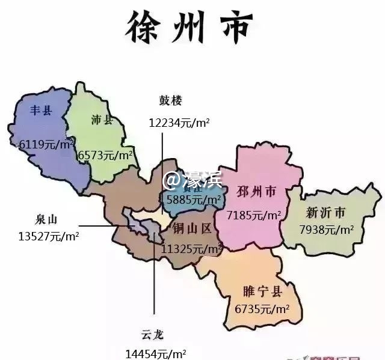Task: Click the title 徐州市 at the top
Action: coord(189,26)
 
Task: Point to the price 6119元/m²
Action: coord(46,144)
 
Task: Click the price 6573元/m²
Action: coord(106,155)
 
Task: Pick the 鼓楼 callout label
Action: coord(170,100)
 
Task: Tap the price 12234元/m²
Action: coord(179,123)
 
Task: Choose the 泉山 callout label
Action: coord(48,219)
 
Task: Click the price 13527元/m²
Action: coord(49,236)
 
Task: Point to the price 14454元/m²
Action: coord(155,353)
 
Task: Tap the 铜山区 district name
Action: coord(192,228)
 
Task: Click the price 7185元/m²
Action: coord(254,215)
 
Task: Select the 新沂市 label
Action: coord(325,212)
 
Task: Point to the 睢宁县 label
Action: coord(263,292)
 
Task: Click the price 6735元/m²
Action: coord(262,309)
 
